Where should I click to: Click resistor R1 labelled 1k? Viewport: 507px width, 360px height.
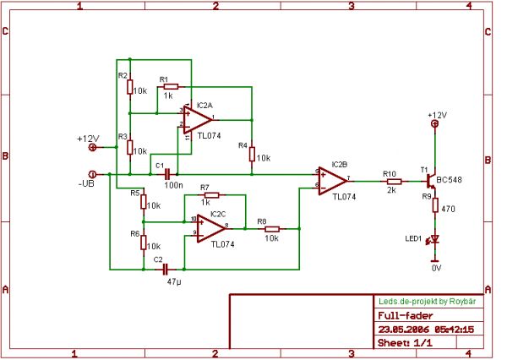171,87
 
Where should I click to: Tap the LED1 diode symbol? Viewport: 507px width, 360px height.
435,239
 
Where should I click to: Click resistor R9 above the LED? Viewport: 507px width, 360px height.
435,205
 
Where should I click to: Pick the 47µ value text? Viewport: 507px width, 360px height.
175,281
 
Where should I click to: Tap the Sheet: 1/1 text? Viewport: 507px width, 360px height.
403,343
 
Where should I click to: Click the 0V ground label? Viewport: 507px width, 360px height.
435,267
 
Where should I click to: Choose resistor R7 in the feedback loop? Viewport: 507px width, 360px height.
212,194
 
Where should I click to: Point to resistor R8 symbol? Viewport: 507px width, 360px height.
272,229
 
